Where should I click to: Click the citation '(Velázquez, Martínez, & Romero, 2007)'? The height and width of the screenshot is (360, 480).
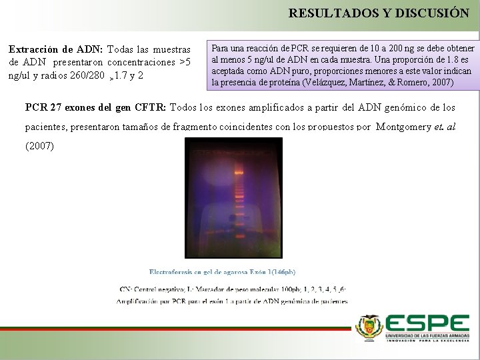377,83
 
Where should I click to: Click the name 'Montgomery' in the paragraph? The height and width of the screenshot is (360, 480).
403,126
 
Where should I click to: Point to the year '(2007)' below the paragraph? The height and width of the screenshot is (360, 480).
40,145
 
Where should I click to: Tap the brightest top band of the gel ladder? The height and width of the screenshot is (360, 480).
239,172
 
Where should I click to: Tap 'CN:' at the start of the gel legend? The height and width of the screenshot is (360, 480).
125,289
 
